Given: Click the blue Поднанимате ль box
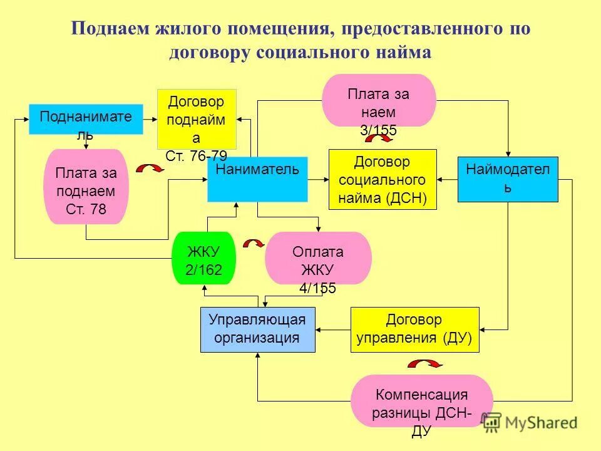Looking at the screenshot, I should pyautogui.click(x=86, y=119).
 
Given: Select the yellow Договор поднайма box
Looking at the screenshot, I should pyautogui.click(x=196, y=119).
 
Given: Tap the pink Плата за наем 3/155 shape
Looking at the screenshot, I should pyautogui.click(x=378, y=101).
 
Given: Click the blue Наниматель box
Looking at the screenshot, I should pyautogui.click(x=257, y=179).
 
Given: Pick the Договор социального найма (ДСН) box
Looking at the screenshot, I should pyautogui.click(x=383, y=179).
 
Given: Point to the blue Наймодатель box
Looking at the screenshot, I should pyautogui.click(x=508, y=179).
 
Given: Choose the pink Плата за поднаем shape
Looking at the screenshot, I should pyautogui.click(x=86, y=187).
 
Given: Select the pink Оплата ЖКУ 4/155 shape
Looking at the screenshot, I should pyautogui.click(x=318, y=258).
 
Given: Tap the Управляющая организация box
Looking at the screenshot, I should pyautogui.click(x=257, y=329).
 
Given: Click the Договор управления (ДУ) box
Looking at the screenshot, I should pyautogui.click(x=414, y=329).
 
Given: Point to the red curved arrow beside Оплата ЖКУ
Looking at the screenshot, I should pyautogui.click(x=253, y=244).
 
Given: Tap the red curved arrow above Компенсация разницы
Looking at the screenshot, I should pyautogui.click(x=425, y=364).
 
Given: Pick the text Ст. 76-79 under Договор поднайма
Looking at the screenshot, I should pyautogui.click(x=196, y=155).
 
